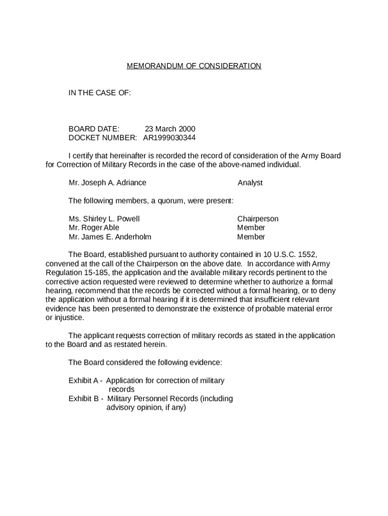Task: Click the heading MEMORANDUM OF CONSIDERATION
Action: (194, 66)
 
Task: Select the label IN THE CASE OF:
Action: (100, 93)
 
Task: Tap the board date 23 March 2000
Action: (170, 129)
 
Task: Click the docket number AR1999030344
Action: (169, 138)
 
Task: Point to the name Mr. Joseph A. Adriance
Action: (107, 183)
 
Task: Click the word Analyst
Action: (250, 183)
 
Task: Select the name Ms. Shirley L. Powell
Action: (104, 219)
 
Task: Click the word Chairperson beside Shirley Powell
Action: (257, 219)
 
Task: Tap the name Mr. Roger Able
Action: (94, 228)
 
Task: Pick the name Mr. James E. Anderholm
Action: (110, 237)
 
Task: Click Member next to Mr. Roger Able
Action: (251, 228)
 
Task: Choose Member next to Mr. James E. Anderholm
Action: (251, 237)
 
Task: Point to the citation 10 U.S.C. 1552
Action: (287, 255)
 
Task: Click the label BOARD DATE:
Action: (94, 129)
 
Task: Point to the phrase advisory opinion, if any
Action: (146, 408)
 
